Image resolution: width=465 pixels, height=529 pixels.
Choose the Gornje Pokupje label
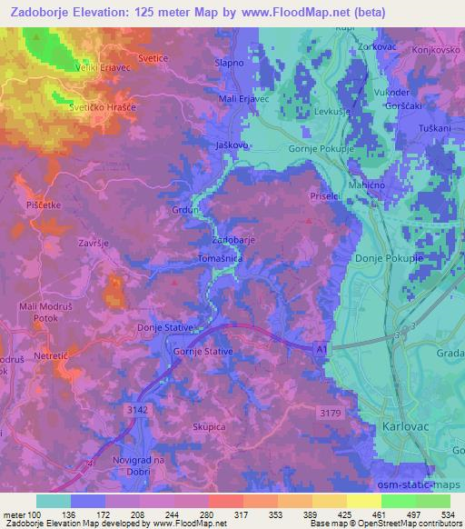298,146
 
